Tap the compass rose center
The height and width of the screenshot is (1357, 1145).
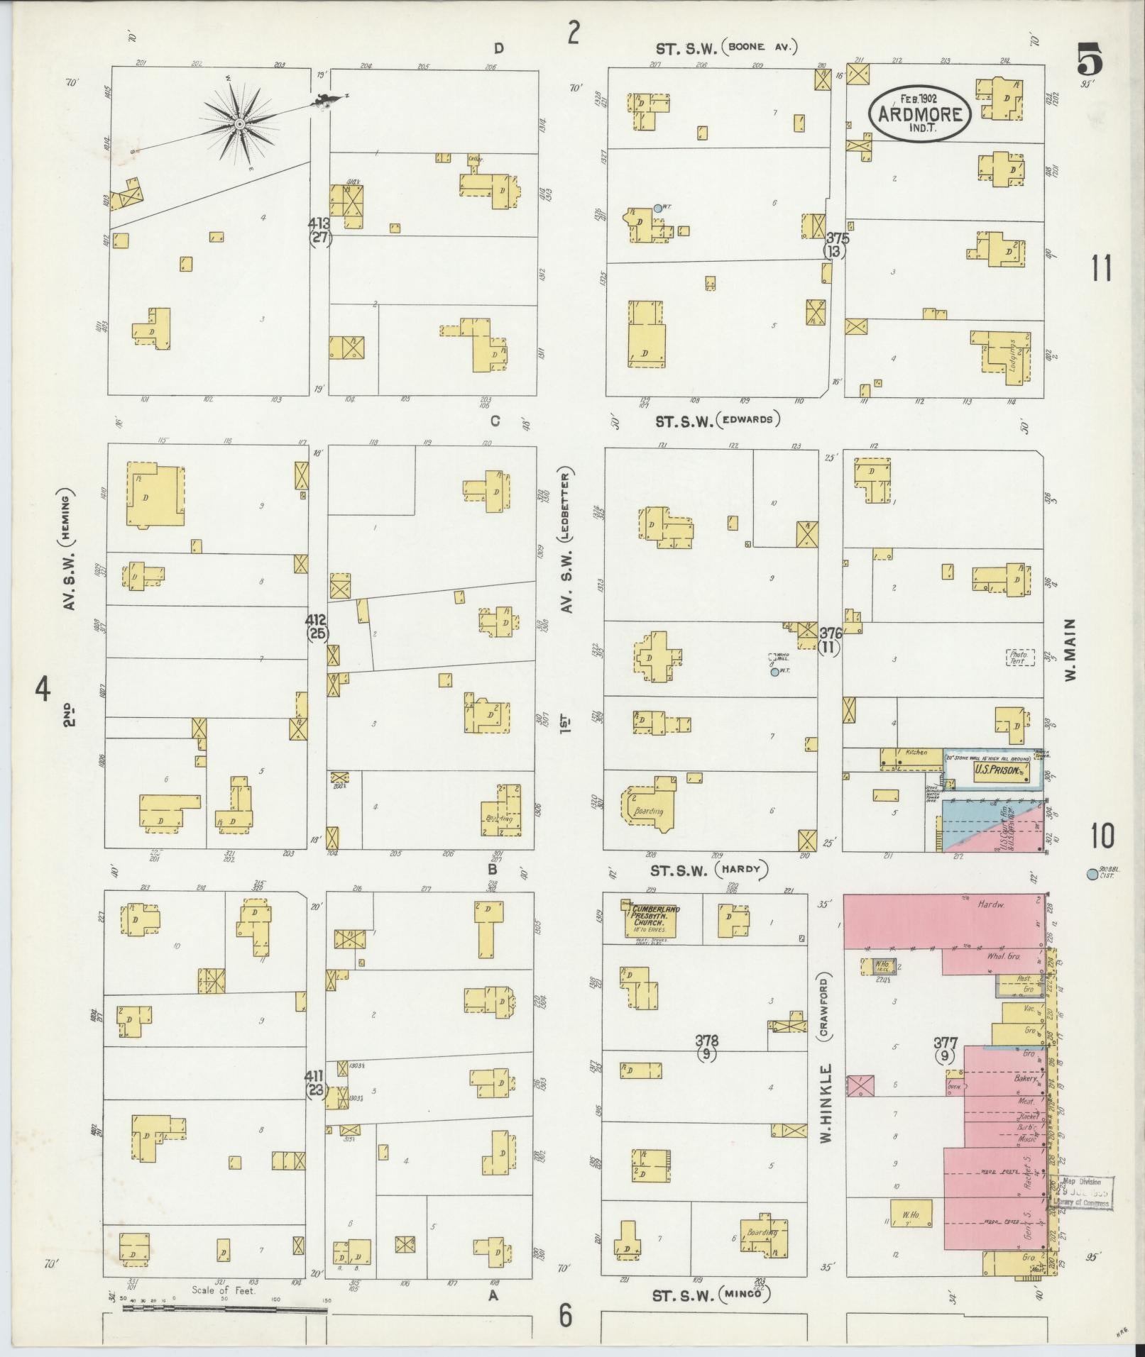point(239,125)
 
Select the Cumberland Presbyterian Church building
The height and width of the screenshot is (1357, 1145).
point(650,920)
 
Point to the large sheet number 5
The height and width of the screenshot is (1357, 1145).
point(1090,59)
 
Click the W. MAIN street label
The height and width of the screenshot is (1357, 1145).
point(1070,650)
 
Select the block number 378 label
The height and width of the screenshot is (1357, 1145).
point(706,1041)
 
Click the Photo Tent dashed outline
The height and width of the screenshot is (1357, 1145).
point(1019,658)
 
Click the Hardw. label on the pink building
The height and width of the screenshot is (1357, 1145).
point(987,904)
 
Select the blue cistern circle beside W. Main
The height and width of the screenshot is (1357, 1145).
point(1091,875)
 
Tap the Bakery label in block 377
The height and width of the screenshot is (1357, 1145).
point(1025,1078)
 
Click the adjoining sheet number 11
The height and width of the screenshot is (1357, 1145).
point(1100,268)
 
